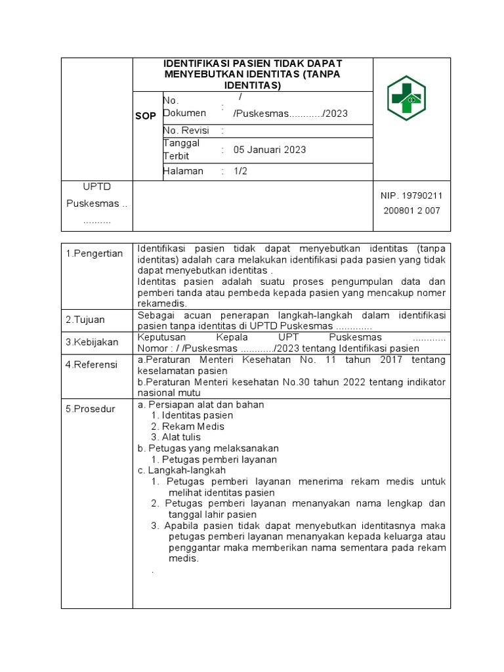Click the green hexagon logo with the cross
[411, 98]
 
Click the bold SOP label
[146, 116]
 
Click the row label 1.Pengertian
[94, 254]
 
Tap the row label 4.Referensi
[91, 364]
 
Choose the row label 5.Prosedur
[90, 409]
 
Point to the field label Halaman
[183, 171]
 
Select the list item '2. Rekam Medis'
[187, 427]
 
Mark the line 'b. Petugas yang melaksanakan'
[208, 448]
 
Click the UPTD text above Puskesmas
[96, 188]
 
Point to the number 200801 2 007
[411, 211]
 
